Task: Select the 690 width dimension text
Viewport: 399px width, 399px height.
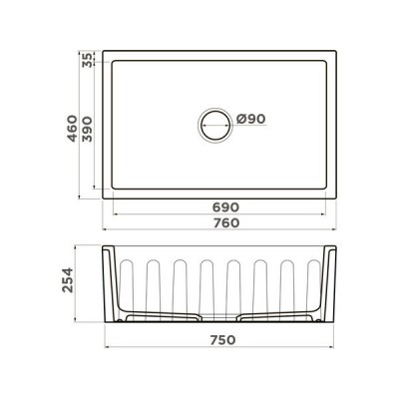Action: pyautogui.click(x=223, y=206)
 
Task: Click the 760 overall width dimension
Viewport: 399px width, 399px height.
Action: pyautogui.click(x=223, y=224)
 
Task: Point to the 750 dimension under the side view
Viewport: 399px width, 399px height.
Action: pyautogui.click(x=223, y=338)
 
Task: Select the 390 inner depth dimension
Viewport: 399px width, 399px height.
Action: pyautogui.click(x=89, y=129)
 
